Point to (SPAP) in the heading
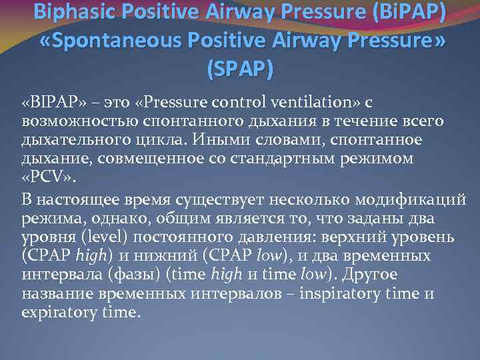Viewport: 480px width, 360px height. point(241,69)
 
